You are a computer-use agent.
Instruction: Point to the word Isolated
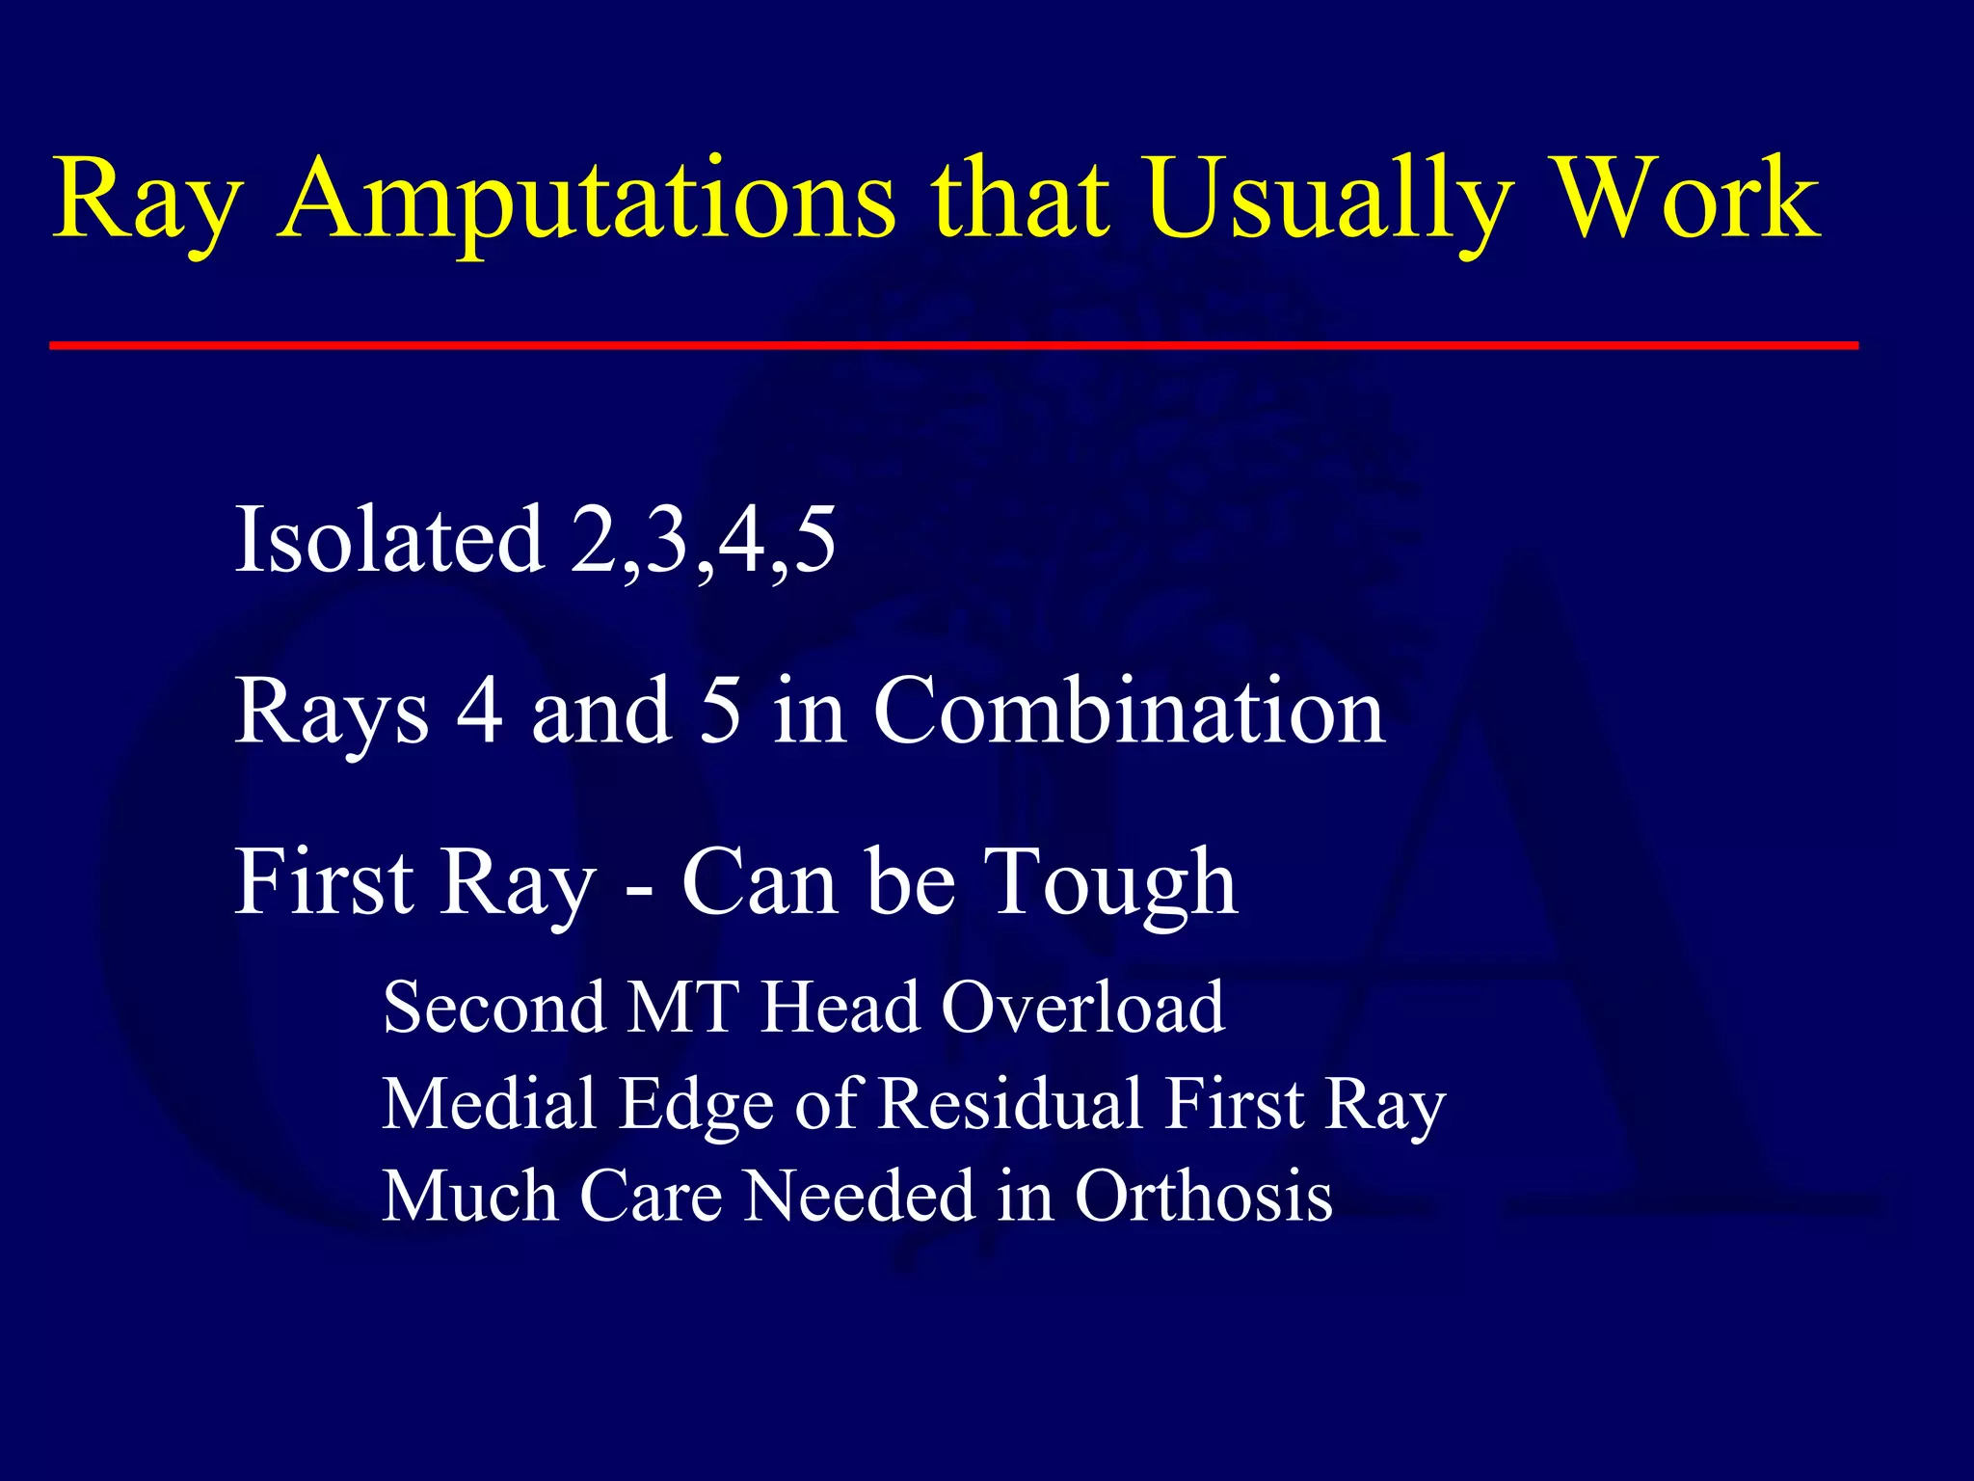[x=389, y=540]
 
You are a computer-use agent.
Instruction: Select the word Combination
[x=1130, y=712]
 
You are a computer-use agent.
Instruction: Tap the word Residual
[x=1011, y=1104]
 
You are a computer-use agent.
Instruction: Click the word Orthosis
[x=1204, y=1197]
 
